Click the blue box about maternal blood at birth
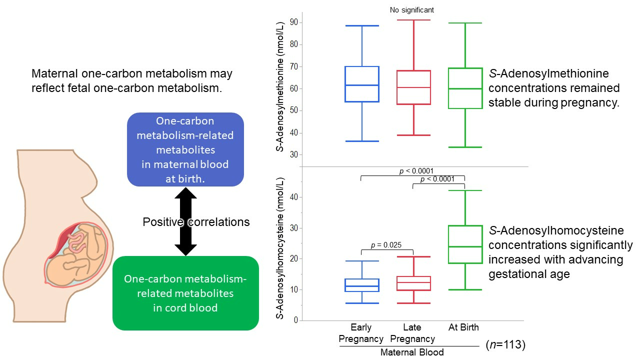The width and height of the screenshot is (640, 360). (x=185, y=149)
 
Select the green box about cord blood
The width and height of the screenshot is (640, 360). (x=185, y=292)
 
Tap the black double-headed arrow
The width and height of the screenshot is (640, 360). (x=185, y=221)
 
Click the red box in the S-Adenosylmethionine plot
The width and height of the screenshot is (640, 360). (x=413, y=87)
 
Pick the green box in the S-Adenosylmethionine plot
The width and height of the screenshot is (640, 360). (x=465, y=88)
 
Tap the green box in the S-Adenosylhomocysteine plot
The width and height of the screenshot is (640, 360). (x=465, y=244)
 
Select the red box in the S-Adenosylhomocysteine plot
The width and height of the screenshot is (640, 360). (x=413, y=283)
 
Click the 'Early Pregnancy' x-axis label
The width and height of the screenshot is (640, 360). (x=361, y=333)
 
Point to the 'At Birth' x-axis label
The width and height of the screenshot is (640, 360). (x=463, y=327)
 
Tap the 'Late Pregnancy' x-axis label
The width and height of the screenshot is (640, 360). (x=412, y=333)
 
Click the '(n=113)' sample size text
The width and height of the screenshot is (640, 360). (x=505, y=344)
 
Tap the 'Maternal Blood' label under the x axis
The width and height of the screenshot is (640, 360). (x=412, y=352)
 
